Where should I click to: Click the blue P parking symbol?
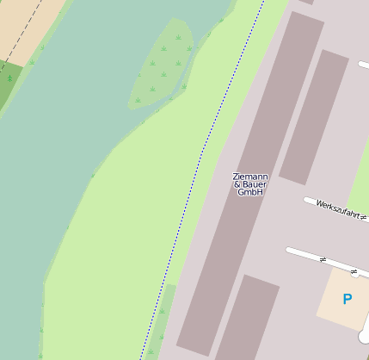click(347, 300)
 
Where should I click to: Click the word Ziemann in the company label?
click(250, 177)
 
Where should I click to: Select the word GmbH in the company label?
click(250, 192)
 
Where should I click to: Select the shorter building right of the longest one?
click(313, 116)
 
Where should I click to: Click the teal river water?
click(69, 129)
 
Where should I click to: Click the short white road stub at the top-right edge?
click(364, 65)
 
